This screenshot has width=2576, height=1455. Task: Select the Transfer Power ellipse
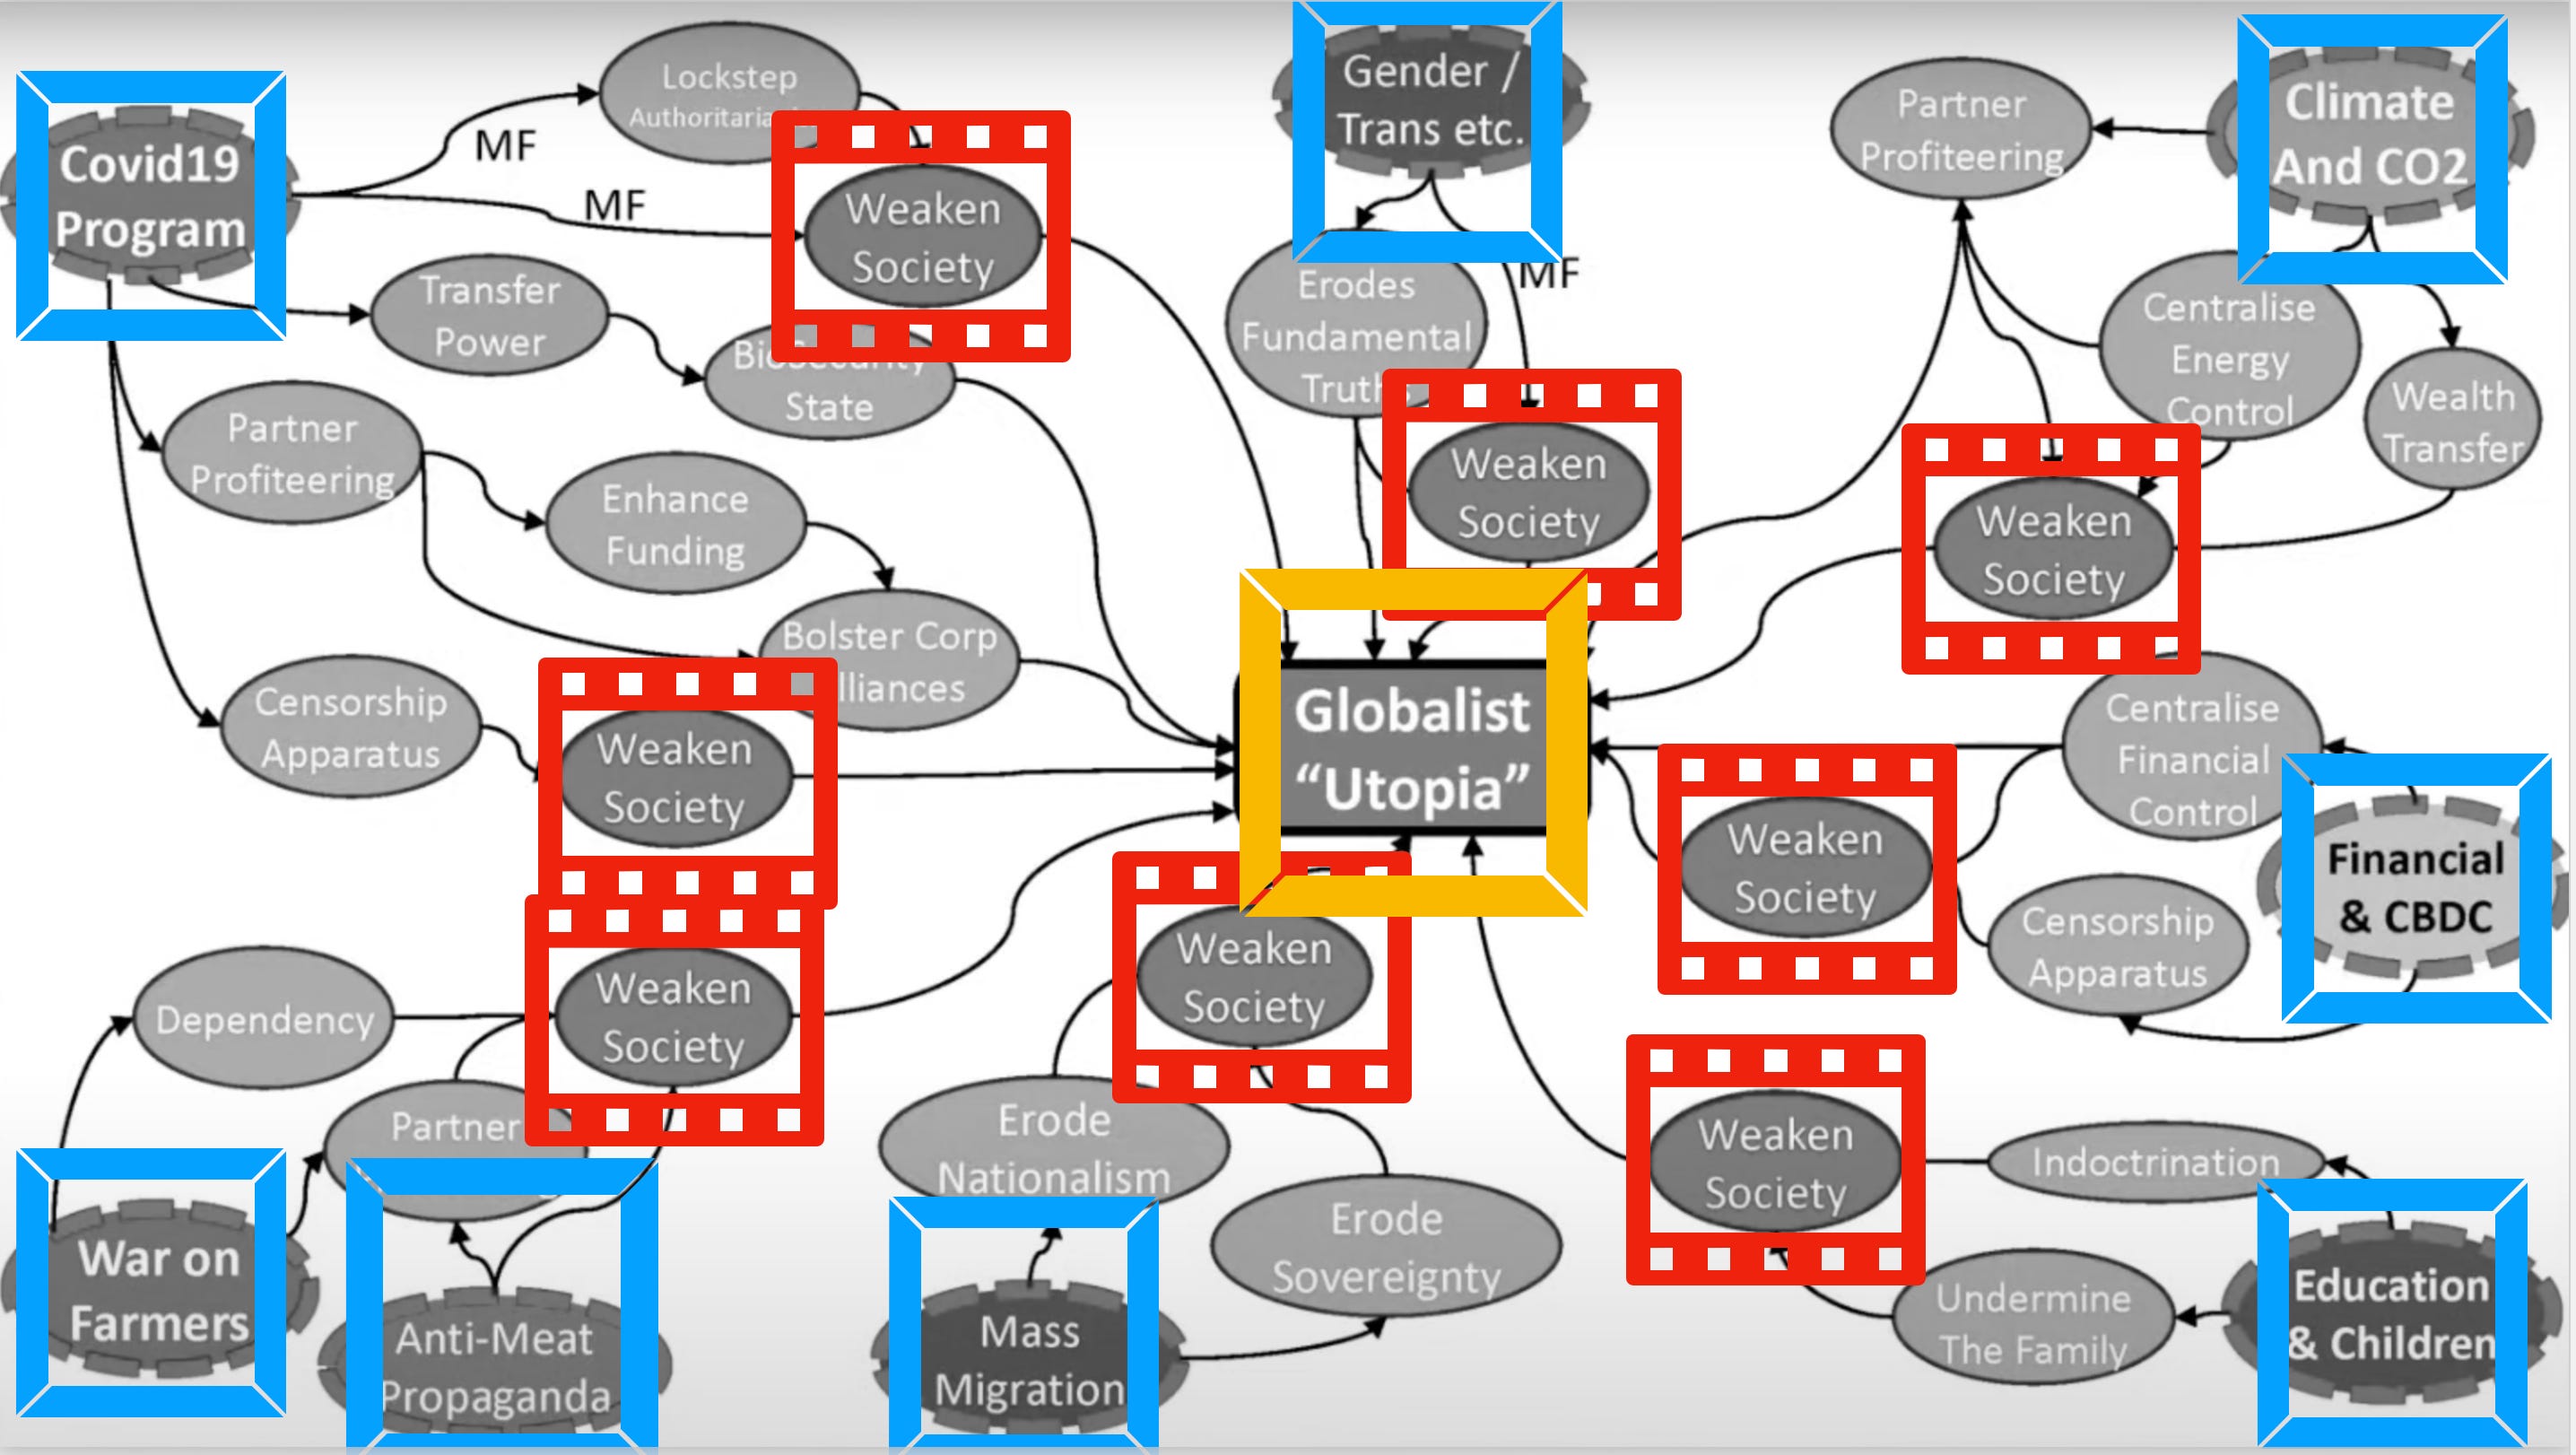[489, 316]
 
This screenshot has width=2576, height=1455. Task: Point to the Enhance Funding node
[675, 525]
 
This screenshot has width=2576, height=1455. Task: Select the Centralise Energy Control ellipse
[2228, 357]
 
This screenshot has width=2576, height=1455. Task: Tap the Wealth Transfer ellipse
[2452, 422]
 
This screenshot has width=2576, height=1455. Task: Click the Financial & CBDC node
[2414, 888]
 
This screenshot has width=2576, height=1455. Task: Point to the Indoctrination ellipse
[2155, 1162]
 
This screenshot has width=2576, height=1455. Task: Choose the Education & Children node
[2390, 1312]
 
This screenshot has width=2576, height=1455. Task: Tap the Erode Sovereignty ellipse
[1386, 1248]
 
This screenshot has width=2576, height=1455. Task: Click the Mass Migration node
[1030, 1360]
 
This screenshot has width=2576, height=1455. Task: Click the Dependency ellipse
[264, 1020]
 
